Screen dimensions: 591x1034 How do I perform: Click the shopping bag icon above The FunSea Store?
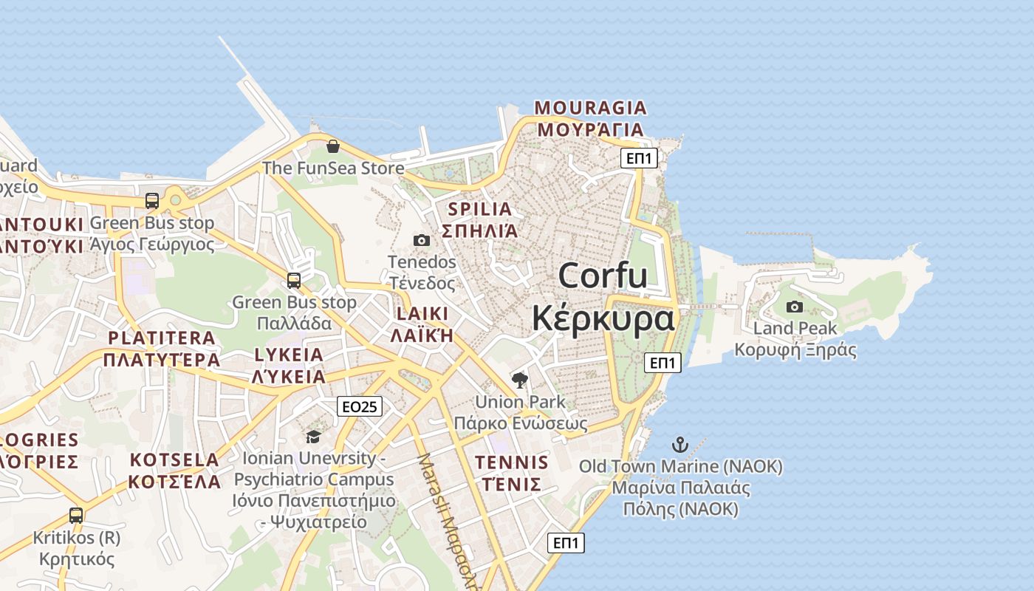pos(332,146)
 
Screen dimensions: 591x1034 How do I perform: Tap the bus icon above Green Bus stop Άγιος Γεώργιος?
pos(152,200)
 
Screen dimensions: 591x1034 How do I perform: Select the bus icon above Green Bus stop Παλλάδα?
pos(294,281)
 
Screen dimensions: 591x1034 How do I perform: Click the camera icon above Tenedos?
pos(422,240)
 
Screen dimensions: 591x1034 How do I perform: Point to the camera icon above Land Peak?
pos(795,307)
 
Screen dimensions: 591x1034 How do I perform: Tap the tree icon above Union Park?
pos(520,380)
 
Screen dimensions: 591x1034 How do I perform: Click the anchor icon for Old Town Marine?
pos(679,445)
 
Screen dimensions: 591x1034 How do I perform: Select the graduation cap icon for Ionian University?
pos(314,437)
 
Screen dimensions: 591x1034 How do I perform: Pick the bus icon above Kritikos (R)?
pos(76,515)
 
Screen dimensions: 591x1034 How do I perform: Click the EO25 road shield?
pos(360,406)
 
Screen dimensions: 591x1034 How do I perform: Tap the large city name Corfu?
pos(603,276)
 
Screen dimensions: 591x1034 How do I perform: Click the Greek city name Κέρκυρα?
pos(603,318)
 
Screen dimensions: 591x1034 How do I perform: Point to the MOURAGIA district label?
pos(590,109)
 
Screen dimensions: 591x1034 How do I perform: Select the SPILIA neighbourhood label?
pos(480,209)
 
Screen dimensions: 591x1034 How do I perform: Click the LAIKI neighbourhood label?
pos(422,314)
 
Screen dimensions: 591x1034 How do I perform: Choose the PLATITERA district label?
pos(162,338)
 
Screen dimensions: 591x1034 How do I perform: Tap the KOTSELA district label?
pos(174,460)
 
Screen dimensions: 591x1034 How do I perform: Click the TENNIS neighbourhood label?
pos(512,463)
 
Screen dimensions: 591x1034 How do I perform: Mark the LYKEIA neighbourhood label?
pos(289,355)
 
